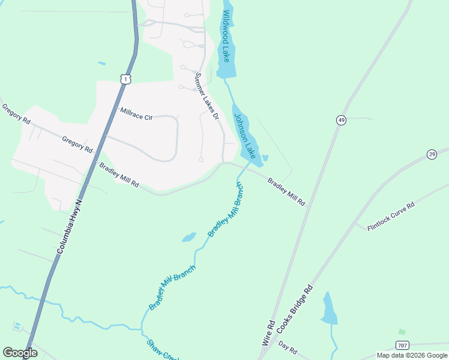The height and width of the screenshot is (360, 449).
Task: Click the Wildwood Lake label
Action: pos(226,36)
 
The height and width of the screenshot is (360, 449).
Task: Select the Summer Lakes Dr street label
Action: pos(206,97)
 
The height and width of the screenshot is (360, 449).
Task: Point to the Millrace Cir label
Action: pos(136,113)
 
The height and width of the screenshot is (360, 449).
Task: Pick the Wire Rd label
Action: pos(268,332)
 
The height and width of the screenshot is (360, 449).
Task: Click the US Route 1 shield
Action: pos(124,79)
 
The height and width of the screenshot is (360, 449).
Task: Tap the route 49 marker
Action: pos(341,121)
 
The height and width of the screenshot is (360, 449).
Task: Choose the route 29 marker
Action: pos(432,155)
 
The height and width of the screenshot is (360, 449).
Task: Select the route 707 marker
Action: pos(402,345)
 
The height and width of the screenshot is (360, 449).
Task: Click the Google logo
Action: pos(20,353)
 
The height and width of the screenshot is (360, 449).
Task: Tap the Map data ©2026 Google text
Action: pos(412,355)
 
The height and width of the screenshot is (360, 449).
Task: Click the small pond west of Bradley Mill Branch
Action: pos(189,237)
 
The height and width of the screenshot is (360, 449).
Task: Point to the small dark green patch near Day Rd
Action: pos(402,331)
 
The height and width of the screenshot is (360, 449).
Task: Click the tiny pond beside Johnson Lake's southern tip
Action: pos(265,158)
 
